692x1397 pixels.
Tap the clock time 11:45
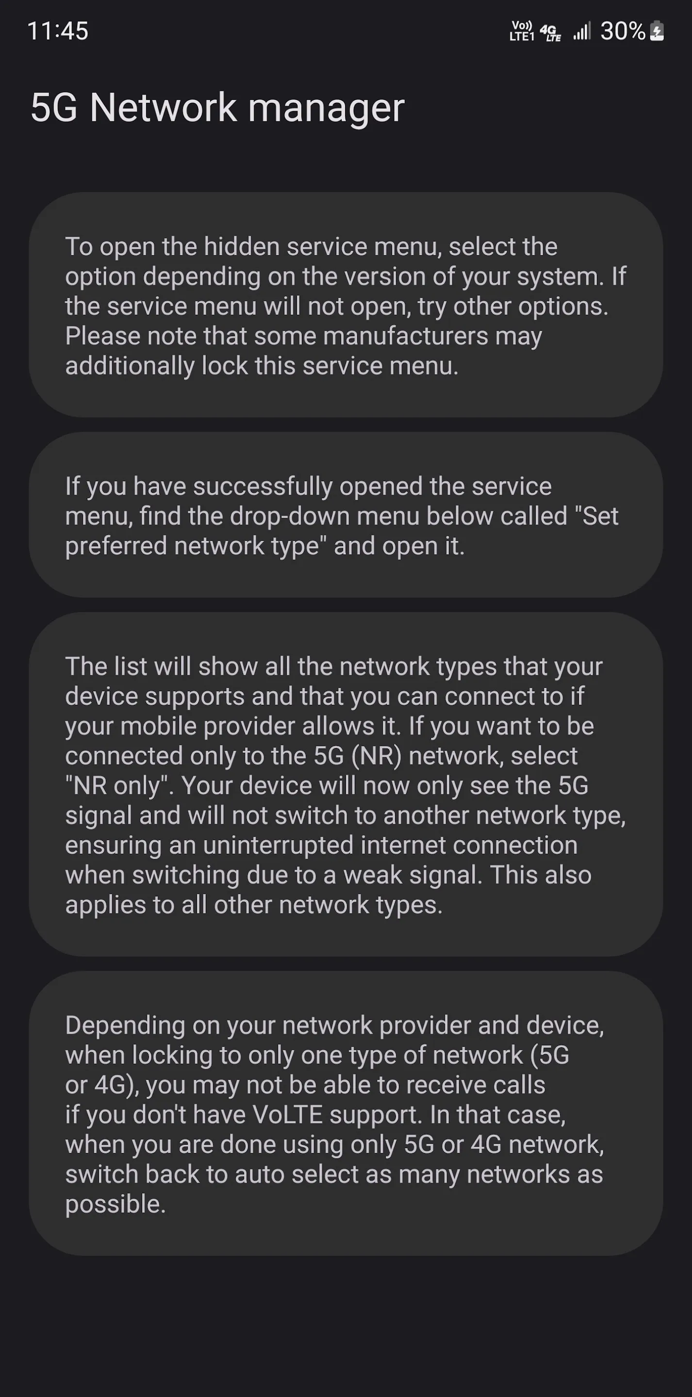click(x=58, y=31)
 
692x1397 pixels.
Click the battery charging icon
click(x=657, y=31)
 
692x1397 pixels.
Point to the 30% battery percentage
click(x=623, y=31)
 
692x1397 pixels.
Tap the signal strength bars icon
click(x=582, y=31)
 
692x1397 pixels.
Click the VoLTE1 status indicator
click(x=522, y=31)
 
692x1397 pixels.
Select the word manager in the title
click(x=326, y=108)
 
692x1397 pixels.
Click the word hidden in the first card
click(x=242, y=247)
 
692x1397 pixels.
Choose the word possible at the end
click(x=115, y=1204)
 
